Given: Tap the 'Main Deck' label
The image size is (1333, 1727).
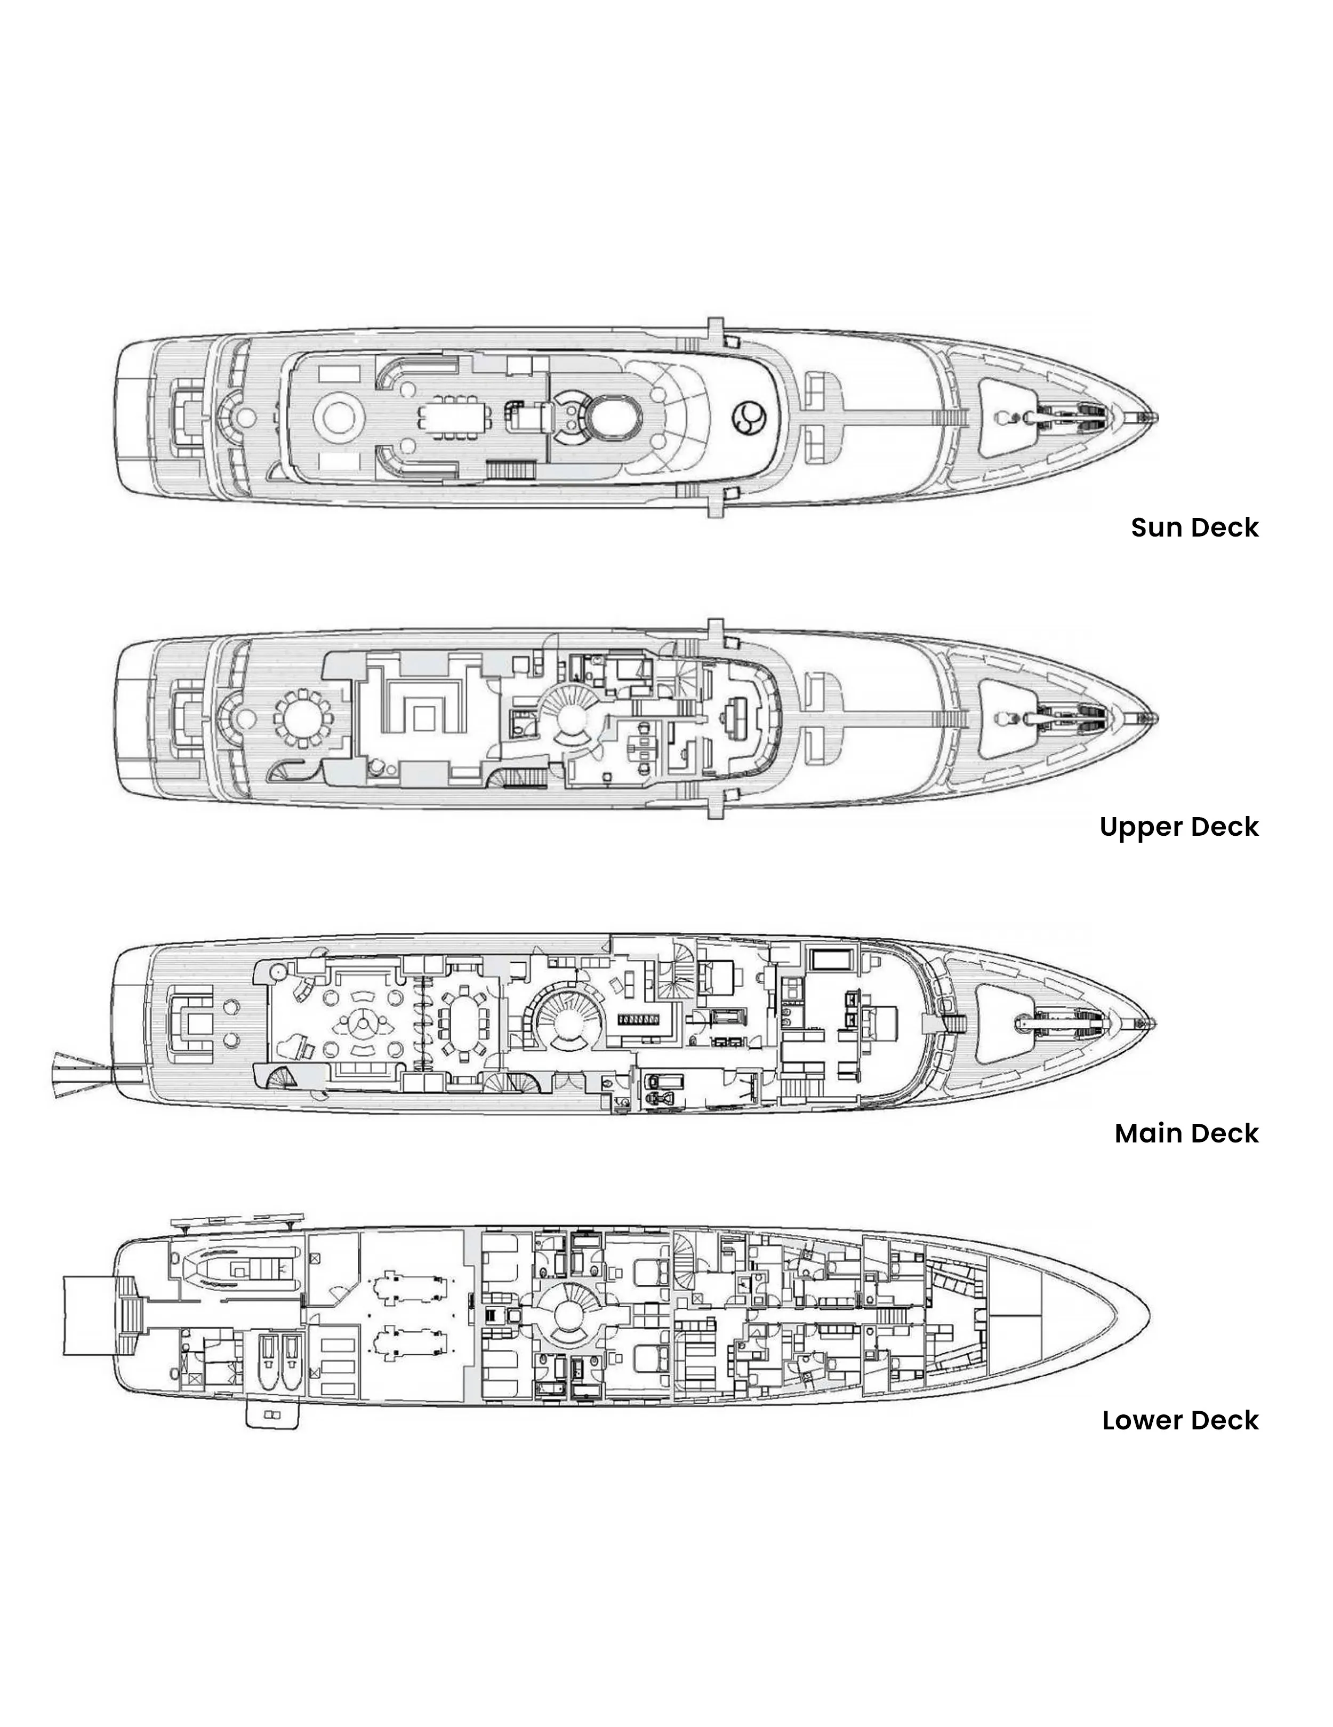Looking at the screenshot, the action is pos(1186,1133).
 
